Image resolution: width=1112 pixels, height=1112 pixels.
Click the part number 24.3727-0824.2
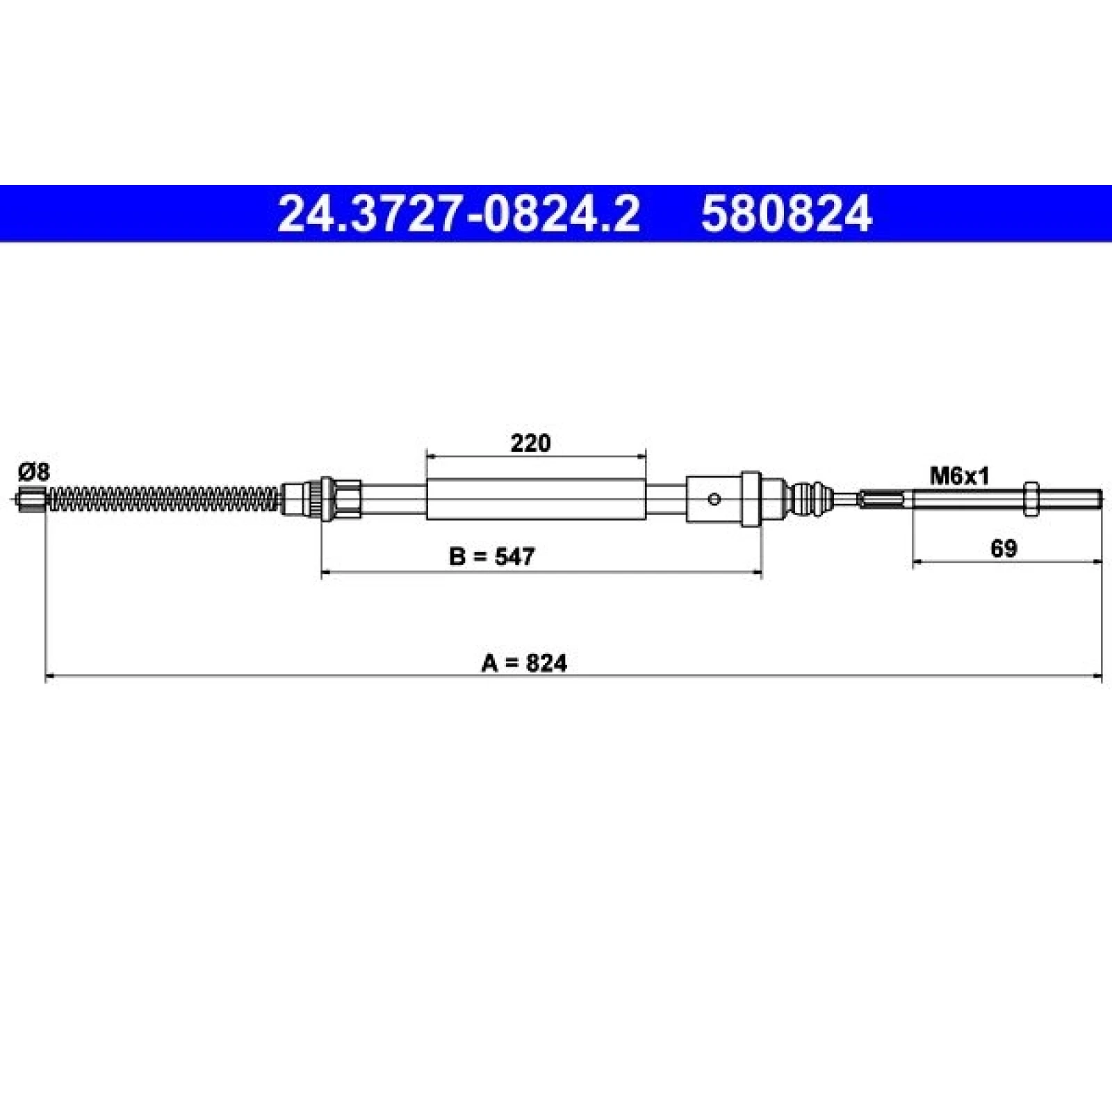458,213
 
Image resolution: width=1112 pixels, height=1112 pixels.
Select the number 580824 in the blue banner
786,213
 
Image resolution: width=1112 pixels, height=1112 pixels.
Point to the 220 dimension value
530,443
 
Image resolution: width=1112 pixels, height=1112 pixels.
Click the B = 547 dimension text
492,556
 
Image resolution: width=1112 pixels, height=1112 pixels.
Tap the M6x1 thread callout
959,476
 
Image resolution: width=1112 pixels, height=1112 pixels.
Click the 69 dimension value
1004,548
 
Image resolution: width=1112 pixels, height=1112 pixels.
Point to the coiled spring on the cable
164,499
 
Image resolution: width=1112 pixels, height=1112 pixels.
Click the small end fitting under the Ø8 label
31,499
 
